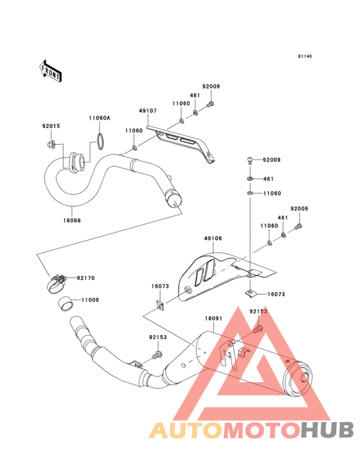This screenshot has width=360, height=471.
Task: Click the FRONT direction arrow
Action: point(50,71)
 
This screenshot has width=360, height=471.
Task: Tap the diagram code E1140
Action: point(305,56)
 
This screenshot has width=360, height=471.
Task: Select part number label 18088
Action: point(72,220)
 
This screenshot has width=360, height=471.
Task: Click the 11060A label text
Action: point(99,118)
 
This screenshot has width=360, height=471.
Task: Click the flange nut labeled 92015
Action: point(50,144)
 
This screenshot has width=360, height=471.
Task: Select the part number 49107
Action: point(148,111)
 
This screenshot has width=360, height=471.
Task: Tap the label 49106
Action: point(213,239)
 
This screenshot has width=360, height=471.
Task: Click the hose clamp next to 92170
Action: point(57,283)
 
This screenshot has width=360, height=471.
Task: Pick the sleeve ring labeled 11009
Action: point(66,304)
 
